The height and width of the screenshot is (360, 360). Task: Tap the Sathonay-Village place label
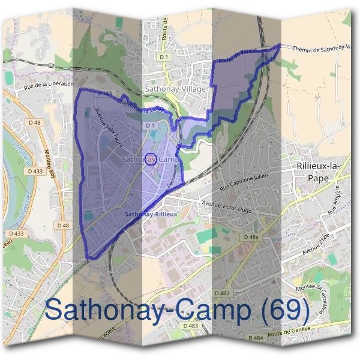(x=175, y=89)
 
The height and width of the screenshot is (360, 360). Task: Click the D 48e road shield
(x=251, y=238)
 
